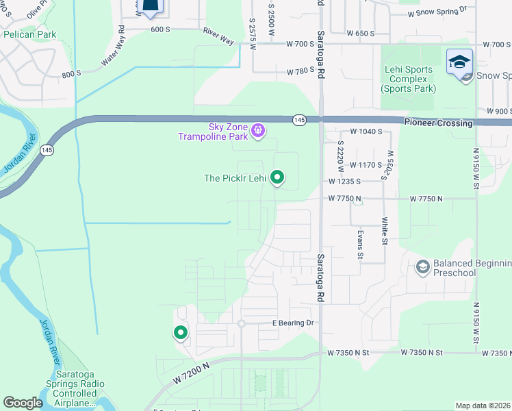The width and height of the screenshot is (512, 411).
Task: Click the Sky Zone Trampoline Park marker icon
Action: [x=257, y=129]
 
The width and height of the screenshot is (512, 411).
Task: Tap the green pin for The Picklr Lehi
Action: [x=277, y=177]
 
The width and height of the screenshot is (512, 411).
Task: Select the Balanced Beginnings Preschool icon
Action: [x=422, y=266]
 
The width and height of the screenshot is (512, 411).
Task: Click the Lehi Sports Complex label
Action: [x=407, y=79]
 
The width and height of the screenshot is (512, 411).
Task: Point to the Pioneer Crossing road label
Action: [x=438, y=123]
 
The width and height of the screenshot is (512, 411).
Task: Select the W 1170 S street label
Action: [x=365, y=165]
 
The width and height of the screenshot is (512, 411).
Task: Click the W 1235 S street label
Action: [x=344, y=182]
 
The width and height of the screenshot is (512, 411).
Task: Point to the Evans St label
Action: [x=360, y=244]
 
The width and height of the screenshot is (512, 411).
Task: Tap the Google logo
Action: [x=23, y=403]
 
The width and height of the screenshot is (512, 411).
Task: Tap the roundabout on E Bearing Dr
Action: [x=241, y=324]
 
